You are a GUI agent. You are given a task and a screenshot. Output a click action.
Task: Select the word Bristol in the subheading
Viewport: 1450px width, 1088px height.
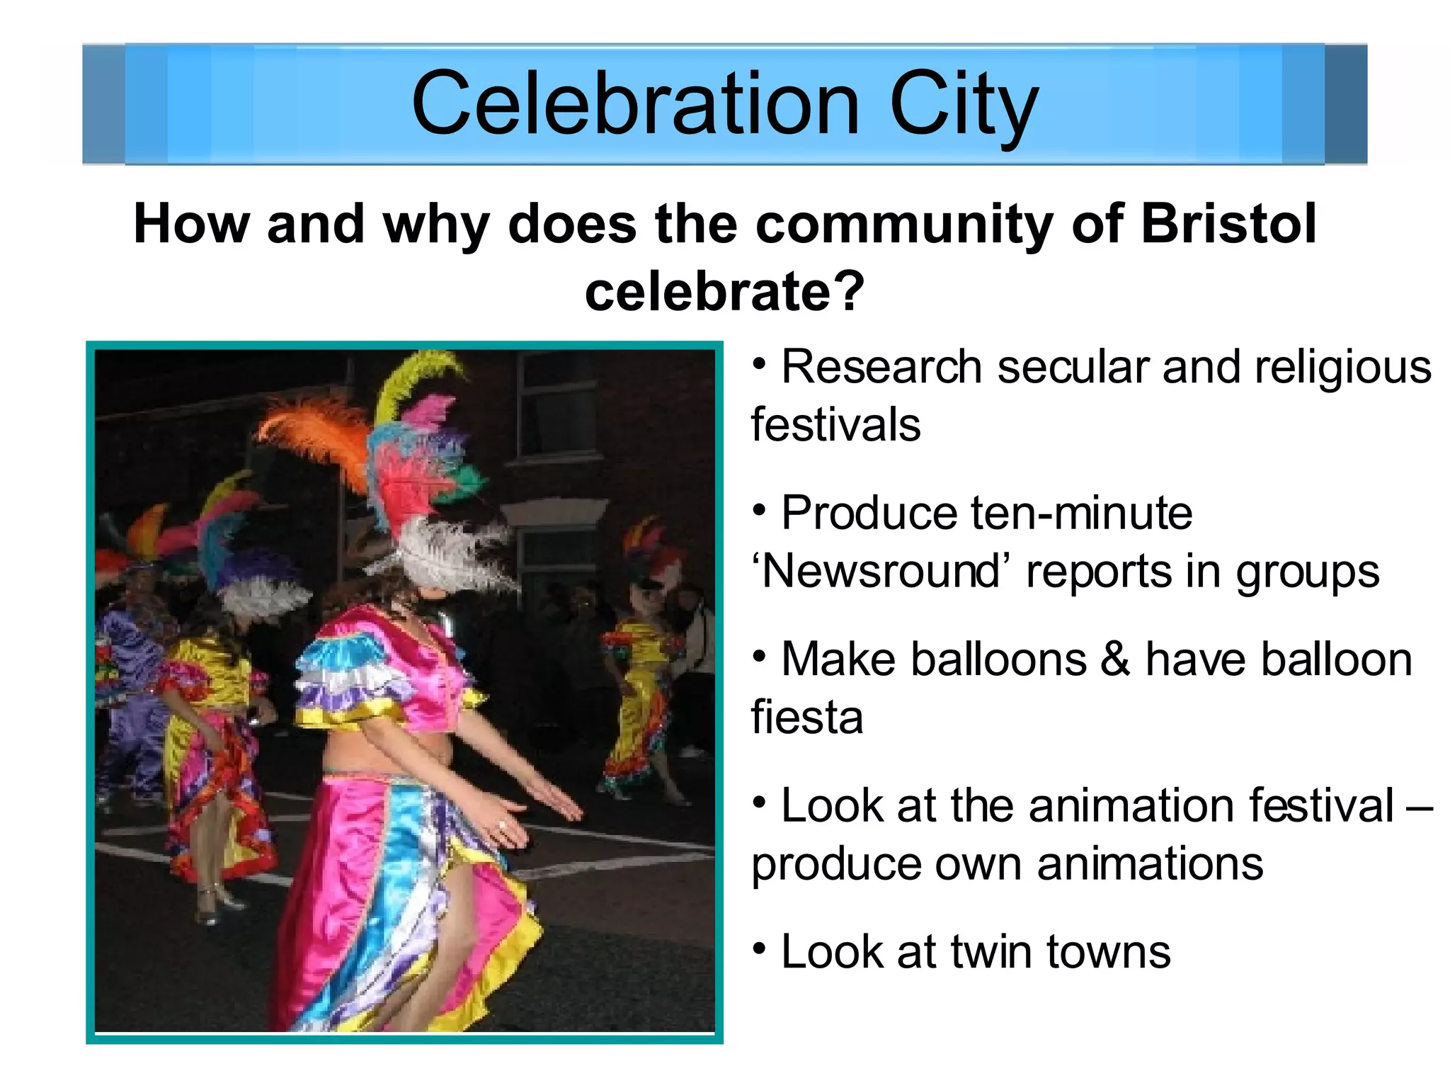(x=1228, y=224)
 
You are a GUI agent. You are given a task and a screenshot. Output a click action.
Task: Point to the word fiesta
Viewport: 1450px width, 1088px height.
(x=806, y=717)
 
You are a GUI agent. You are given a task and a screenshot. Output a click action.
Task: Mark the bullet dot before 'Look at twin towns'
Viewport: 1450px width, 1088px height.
(x=760, y=947)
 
